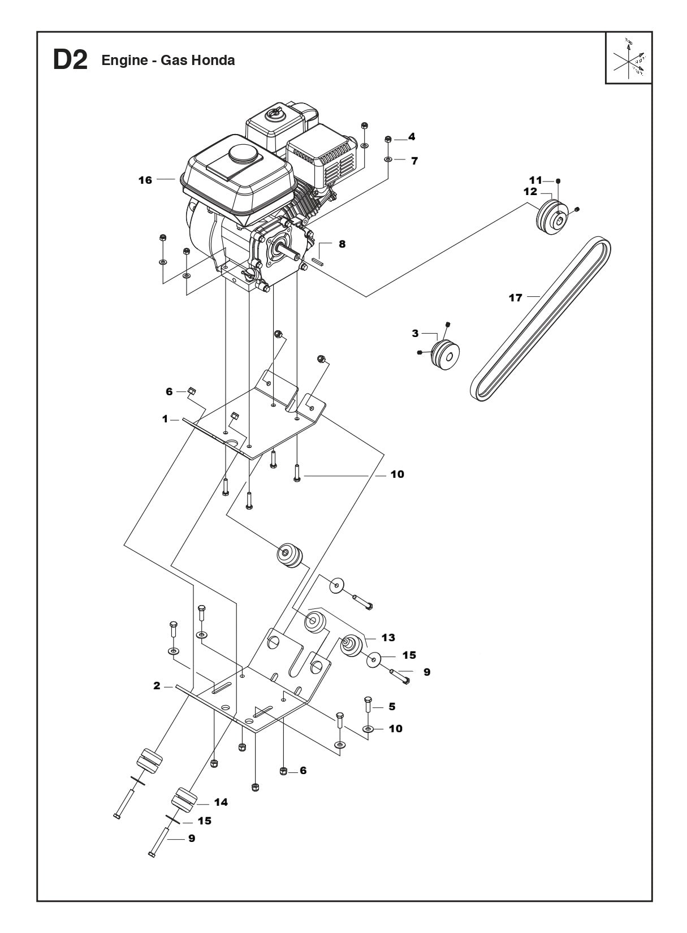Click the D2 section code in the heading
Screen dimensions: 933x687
[70, 61]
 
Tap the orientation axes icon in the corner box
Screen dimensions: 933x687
[629, 58]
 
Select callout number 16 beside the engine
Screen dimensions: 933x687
[145, 180]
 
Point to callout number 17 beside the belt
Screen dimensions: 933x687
[515, 297]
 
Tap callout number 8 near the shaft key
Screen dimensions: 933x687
[342, 244]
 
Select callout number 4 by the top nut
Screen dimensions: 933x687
[412, 136]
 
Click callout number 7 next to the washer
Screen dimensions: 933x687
[414, 161]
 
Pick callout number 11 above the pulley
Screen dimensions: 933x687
[534, 180]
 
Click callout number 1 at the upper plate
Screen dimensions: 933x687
[165, 419]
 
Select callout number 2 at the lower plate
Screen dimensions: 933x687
[157, 686]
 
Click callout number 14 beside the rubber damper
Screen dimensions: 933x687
[221, 802]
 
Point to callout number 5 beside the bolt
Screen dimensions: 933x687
[391, 706]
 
